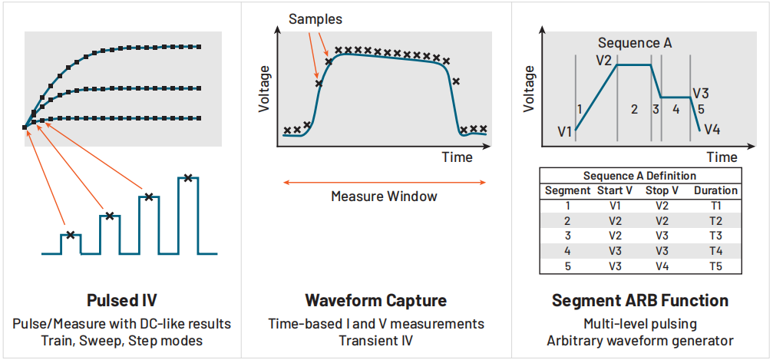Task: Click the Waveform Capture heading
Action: [376, 300]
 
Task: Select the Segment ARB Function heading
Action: [640, 300]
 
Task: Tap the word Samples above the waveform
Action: [315, 19]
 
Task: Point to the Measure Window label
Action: [384, 197]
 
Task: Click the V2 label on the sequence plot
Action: [603, 61]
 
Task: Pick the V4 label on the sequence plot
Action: [712, 130]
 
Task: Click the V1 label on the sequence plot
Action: [565, 132]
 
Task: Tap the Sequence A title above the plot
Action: [635, 43]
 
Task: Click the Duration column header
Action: [716, 190]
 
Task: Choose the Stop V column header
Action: [663, 190]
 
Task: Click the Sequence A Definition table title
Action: [640, 176]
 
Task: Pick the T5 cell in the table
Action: [716, 266]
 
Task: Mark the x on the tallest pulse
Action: [187, 177]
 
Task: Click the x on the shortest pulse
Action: [71, 235]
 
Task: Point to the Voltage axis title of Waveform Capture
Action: [265, 89]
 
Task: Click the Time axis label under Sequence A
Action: [722, 157]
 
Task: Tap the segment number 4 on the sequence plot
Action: [676, 110]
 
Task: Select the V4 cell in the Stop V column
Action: [663, 266]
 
